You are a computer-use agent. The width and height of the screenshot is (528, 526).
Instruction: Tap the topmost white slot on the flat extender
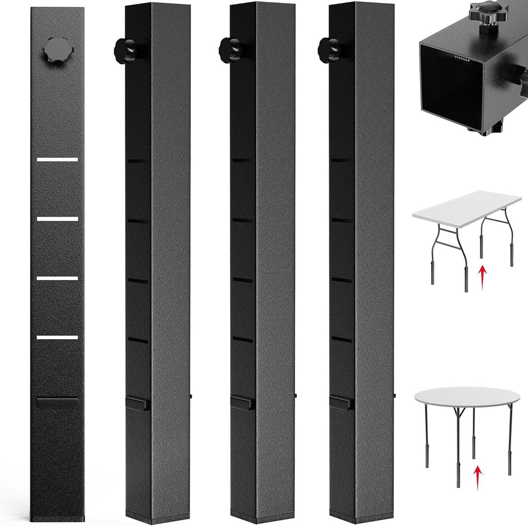(57, 159)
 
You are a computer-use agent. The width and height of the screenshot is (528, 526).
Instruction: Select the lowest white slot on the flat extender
(57, 337)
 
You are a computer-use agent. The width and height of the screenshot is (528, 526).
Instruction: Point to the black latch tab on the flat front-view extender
(57, 402)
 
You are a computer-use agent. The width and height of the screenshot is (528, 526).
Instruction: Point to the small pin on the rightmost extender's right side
(396, 396)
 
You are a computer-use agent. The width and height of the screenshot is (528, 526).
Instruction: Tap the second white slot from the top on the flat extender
(57, 219)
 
